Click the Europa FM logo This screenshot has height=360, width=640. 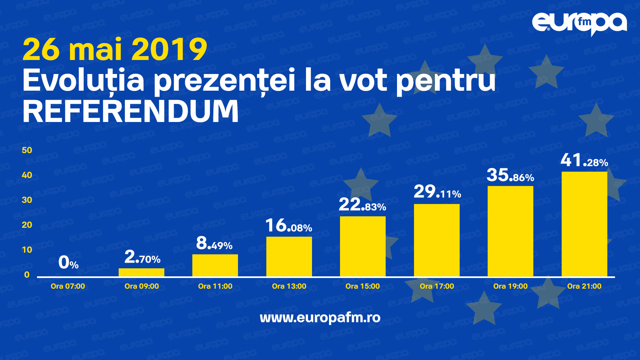(x=579, y=24)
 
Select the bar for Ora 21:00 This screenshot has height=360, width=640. (x=584, y=224)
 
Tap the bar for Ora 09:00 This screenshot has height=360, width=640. (x=141, y=272)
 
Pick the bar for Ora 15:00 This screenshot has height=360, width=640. (x=363, y=246)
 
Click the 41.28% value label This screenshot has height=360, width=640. (x=584, y=161)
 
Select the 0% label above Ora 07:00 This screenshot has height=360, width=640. (x=68, y=262)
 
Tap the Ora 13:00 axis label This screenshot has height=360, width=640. (x=289, y=286)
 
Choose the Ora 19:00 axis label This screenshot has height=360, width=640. (x=510, y=286)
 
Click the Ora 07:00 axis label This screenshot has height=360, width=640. (x=68, y=286)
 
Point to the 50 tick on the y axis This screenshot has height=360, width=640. (x=27, y=150)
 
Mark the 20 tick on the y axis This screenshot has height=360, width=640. (x=27, y=225)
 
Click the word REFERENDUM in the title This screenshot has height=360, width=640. (x=131, y=111)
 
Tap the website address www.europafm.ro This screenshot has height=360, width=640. (x=320, y=317)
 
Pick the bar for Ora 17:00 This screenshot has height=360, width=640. (x=437, y=240)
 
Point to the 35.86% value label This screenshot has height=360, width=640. (x=510, y=175)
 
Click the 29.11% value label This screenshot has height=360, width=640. (x=437, y=192)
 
